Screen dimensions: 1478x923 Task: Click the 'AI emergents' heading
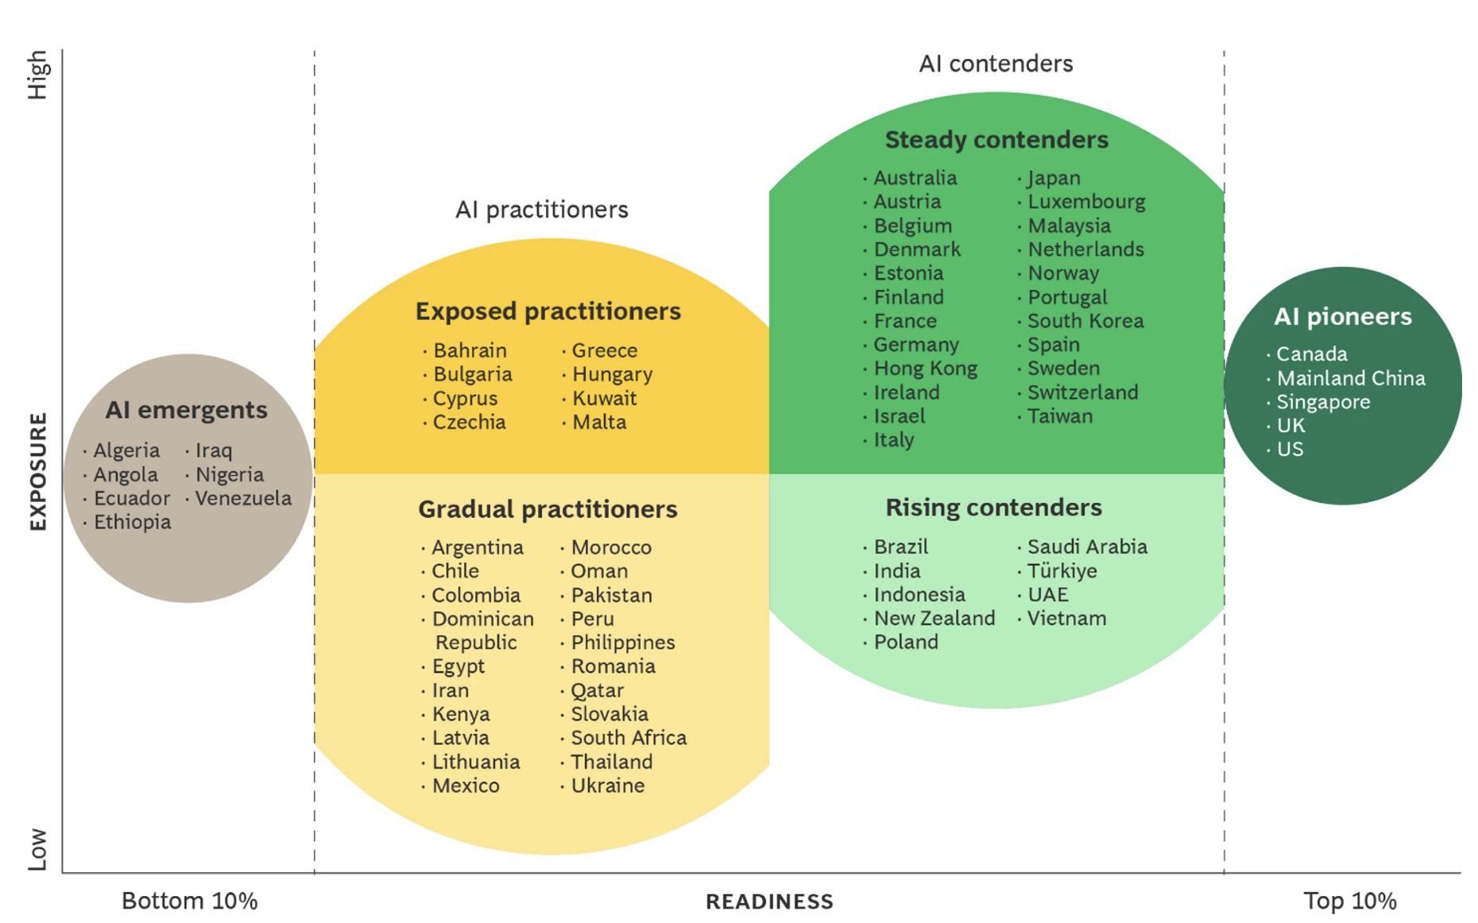coord(186,410)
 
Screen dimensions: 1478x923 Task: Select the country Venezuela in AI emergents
coord(243,498)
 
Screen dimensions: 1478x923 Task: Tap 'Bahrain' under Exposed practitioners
coord(470,350)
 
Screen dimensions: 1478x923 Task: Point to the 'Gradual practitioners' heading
coord(547,509)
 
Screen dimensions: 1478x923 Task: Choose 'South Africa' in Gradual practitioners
coord(629,738)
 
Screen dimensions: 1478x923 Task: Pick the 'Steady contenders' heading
coord(996,140)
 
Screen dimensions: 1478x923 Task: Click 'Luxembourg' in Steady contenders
coord(1086,202)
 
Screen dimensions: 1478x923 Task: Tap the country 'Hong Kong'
coord(926,369)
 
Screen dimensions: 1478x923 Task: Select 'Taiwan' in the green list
coord(1060,416)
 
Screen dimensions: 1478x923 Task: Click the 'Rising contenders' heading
coord(993,508)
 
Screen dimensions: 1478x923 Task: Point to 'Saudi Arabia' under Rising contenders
coord(1087,546)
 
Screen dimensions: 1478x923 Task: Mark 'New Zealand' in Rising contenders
coord(934,618)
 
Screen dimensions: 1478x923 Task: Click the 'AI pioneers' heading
coord(1343,317)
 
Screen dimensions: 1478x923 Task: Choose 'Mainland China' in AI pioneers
coord(1351,378)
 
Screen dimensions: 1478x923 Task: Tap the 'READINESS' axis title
coord(769,902)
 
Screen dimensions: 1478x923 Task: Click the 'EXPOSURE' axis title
coord(38,471)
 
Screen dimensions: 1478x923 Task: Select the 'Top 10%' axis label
coord(1349,902)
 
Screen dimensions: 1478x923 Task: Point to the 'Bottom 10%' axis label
coord(189,902)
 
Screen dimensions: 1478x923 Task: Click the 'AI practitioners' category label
coord(541,210)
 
